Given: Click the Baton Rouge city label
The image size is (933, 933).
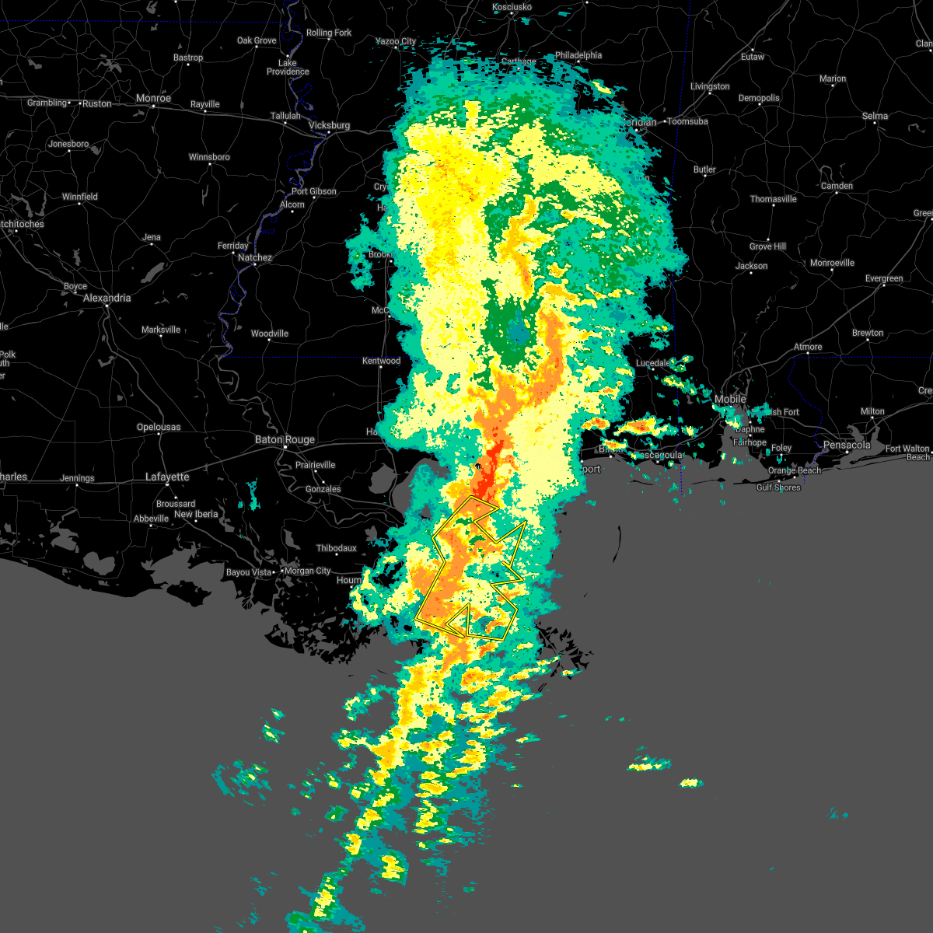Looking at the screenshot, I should click(285, 439).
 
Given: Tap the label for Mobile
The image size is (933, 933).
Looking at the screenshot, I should click(730, 399).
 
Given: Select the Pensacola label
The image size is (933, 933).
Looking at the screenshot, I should click(847, 446).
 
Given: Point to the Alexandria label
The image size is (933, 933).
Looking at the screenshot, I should click(107, 298).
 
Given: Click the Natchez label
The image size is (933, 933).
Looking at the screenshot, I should click(255, 257).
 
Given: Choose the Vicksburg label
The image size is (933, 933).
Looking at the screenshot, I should click(329, 125).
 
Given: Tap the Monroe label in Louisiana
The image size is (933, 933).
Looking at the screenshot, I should click(153, 99).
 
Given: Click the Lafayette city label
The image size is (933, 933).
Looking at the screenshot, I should click(167, 477).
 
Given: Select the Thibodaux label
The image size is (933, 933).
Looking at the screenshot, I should click(336, 548).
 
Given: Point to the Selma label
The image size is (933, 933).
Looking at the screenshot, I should click(875, 116).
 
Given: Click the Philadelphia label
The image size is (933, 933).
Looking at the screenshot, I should click(578, 55).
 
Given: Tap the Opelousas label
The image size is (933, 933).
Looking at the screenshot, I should click(159, 427).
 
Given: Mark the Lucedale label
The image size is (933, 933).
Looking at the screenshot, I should click(653, 363).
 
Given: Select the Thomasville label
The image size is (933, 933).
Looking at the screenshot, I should click(773, 199).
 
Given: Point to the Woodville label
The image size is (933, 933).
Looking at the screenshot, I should click(269, 334).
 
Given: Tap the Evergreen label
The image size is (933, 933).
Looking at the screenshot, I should click(884, 278).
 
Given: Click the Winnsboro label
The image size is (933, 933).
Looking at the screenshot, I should click(209, 157).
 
